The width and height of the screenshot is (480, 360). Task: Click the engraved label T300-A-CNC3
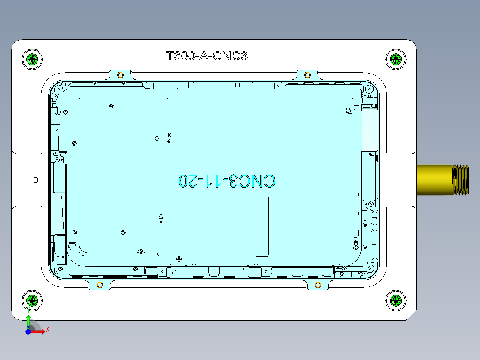pyautogui.click(x=206, y=56)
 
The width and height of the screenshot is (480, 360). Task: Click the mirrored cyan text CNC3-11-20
pyautogui.click(x=227, y=180)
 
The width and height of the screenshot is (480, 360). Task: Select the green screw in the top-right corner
pyautogui.click(x=395, y=59)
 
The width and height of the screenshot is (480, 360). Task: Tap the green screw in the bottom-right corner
pyautogui.click(x=395, y=300)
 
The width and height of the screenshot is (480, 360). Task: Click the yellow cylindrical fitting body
pyautogui.click(x=434, y=180)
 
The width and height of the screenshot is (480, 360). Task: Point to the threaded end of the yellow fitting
pyautogui.click(x=461, y=180)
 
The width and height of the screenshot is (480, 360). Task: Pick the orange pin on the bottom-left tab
pyautogui.click(x=100, y=285)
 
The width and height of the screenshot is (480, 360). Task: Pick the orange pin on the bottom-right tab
pyautogui.click(x=317, y=285)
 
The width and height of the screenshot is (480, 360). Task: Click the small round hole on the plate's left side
pyautogui.click(x=36, y=180)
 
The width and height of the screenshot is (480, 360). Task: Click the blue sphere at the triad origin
pyautogui.click(x=28, y=331)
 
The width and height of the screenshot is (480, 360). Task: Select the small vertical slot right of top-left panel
pyautogui.click(x=169, y=138)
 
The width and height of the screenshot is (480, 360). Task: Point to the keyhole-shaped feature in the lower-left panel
pyautogui.click(x=161, y=218)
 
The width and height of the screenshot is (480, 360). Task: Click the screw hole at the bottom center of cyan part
pyautogui.click(x=179, y=259)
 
